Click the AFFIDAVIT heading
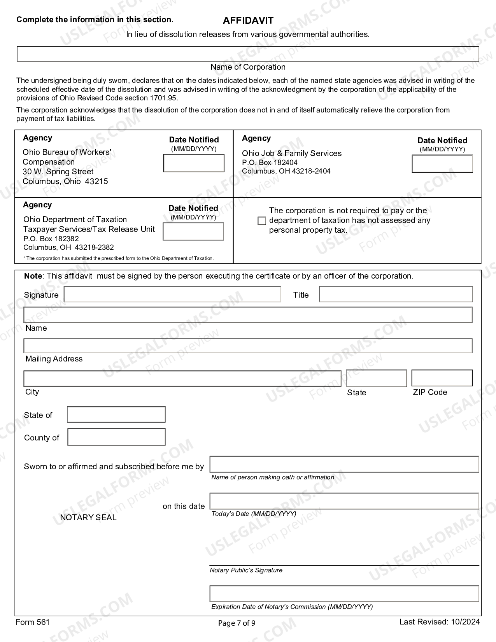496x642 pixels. [x=248, y=21]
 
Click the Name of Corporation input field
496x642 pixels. [x=248, y=54]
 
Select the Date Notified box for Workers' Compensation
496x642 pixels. [x=194, y=163]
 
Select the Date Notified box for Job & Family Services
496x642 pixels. [x=442, y=164]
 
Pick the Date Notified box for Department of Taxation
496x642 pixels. [x=193, y=232]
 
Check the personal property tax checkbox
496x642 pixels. [x=262, y=221]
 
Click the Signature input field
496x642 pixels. [x=172, y=295]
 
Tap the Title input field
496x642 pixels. [x=396, y=294]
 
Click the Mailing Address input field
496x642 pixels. [x=248, y=346]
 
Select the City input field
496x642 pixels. [x=182, y=378]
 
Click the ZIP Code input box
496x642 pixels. [x=442, y=378]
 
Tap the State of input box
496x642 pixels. [x=116, y=414]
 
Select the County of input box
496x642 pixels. [x=116, y=437]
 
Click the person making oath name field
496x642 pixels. [x=344, y=465]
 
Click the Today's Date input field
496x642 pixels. [x=344, y=501]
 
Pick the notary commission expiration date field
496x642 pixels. [x=344, y=594]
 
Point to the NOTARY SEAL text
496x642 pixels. [x=88, y=517]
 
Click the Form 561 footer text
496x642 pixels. [x=33, y=622]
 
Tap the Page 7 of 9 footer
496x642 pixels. [x=237, y=623]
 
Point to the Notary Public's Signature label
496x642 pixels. [x=246, y=570]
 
